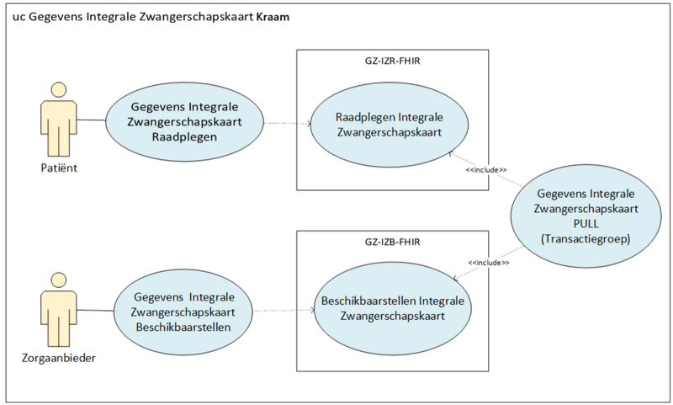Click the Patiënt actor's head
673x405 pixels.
click(59, 90)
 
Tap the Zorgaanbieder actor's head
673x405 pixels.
click(59, 280)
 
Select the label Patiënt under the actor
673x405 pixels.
click(59, 168)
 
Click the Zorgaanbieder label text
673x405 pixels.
click(59, 358)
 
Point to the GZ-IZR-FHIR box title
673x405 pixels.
click(392, 61)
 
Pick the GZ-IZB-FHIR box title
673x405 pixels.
click(392, 242)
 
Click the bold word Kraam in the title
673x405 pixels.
click(273, 17)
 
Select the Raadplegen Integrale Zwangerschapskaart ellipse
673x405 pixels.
click(389, 125)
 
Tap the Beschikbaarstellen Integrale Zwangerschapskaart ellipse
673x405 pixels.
click(393, 309)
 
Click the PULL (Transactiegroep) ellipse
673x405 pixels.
click(586, 216)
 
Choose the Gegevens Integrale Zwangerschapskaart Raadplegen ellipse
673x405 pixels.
click(184, 121)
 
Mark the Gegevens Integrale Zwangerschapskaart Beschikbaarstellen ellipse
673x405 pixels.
click(183, 312)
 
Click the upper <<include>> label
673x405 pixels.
click(486, 170)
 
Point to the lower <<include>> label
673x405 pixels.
click(489, 263)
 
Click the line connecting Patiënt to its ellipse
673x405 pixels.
click(92, 120)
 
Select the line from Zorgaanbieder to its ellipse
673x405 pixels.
click(95, 310)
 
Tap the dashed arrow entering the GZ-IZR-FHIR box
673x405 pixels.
click(287, 124)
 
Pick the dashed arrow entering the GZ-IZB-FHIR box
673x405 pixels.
click(284, 310)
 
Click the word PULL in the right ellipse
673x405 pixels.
click(586, 224)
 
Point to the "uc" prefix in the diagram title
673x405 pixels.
click(18, 18)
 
